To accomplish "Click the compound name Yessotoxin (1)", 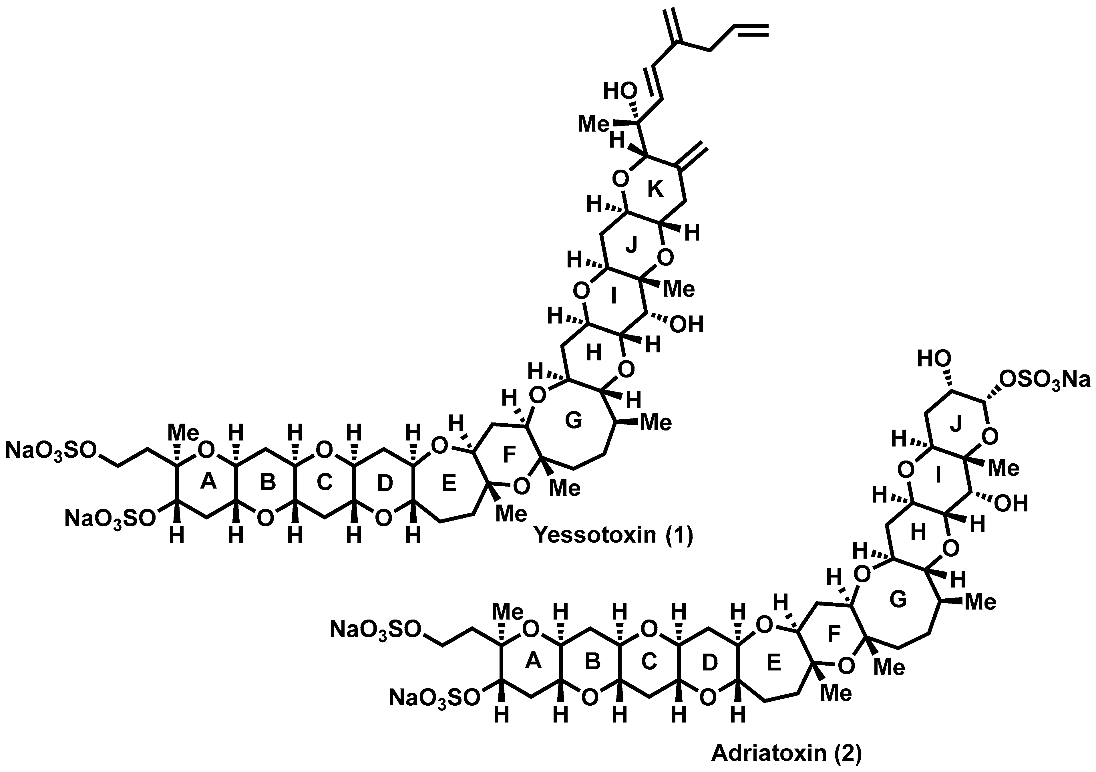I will click(613, 535).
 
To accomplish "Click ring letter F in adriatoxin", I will click(834, 634).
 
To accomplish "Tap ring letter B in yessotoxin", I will click(268, 483).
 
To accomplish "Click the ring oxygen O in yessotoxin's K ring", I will click(620, 180).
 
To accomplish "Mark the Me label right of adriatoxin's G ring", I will click(980, 602).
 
